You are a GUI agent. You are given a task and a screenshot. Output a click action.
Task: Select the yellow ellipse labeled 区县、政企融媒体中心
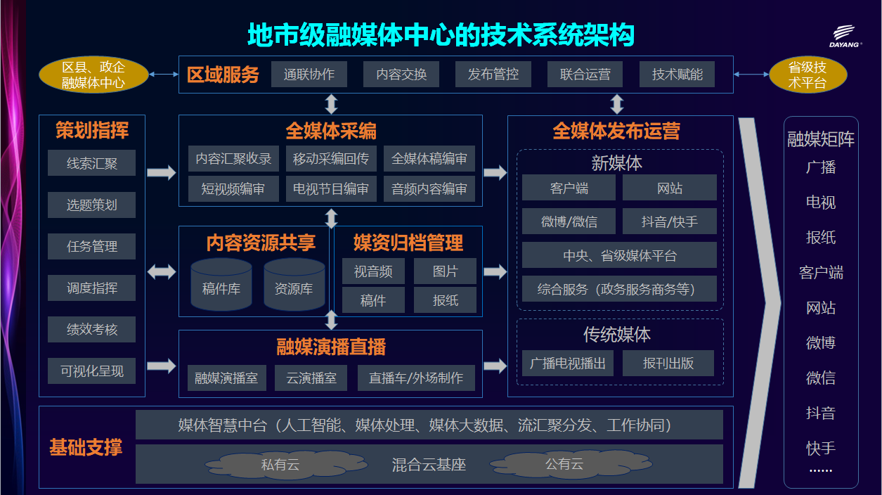(x=93, y=75)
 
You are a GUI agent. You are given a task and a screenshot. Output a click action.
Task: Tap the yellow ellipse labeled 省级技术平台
(x=808, y=75)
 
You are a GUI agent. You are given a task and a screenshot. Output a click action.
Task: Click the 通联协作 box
(x=309, y=74)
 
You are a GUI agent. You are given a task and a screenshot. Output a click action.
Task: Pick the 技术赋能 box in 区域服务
(x=677, y=74)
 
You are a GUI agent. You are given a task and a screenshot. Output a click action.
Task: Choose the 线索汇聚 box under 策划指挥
(x=92, y=162)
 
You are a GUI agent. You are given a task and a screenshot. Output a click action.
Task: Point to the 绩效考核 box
(x=92, y=329)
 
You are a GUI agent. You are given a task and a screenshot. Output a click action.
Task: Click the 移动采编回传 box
(x=331, y=158)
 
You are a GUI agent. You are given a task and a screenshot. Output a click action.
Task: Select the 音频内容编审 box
(x=429, y=188)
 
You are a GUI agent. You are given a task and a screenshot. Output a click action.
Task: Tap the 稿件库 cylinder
(x=221, y=285)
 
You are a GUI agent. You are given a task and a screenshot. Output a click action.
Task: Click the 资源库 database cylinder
(x=294, y=285)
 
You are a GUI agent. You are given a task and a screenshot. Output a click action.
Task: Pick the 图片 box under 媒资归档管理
(x=445, y=271)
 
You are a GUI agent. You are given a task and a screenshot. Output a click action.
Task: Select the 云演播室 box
(x=311, y=378)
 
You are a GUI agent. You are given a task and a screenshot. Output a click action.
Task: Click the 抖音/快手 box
(x=669, y=221)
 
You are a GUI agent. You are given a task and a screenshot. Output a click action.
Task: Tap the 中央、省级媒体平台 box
(x=619, y=255)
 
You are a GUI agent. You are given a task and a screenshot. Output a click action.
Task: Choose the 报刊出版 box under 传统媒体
(x=668, y=363)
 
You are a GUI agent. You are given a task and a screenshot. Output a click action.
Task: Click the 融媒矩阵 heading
(x=821, y=139)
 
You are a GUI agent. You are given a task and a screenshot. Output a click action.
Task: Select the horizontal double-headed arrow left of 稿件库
(x=162, y=271)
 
